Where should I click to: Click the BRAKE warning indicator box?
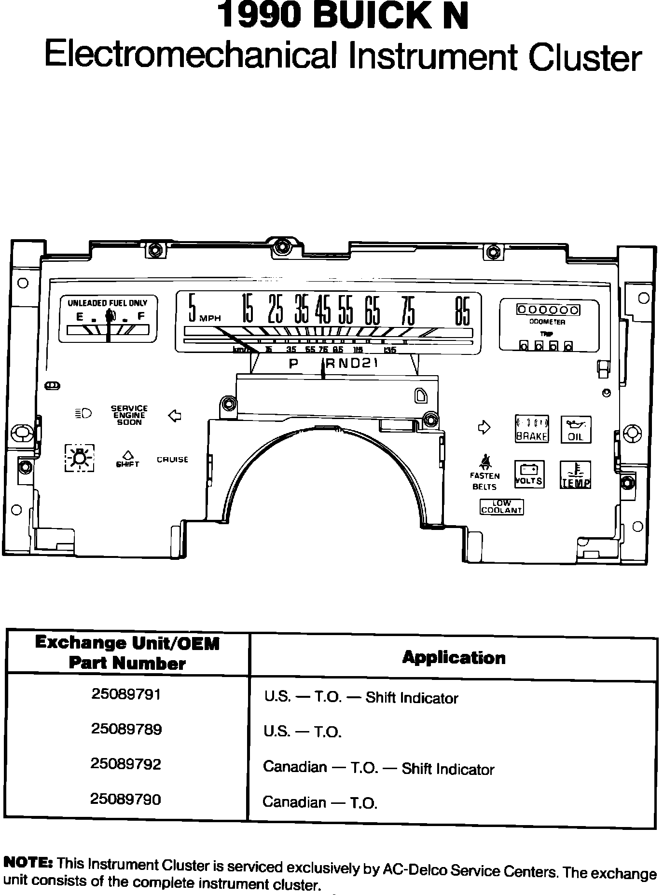pyautogui.click(x=532, y=429)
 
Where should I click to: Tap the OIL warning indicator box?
pyautogui.click(x=576, y=430)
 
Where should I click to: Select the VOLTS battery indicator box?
pyautogui.click(x=529, y=475)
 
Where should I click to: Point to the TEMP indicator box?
pyautogui.click(x=575, y=475)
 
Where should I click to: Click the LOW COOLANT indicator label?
pyautogui.click(x=501, y=507)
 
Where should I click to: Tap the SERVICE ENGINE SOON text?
pyautogui.click(x=129, y=415)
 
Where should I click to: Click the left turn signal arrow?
pyautogui.click(x=174, y=416)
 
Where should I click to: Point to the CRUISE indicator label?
pyautogui.click(x=172, y=460)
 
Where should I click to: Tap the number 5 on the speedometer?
pyautogui.click(x=193, y=308)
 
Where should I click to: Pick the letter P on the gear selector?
pyautogui.click(x=293, y=364)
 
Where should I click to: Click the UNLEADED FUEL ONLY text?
pyautogui.click(x=107, y=303)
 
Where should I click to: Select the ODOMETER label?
pyautogui.click(x=547, y=322)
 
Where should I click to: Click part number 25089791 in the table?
pyautogui.click(x=126, y=694)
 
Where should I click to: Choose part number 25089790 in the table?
pyautogui.click(x=125, y=800)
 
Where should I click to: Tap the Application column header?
pyautogui.click(x=454, y=658)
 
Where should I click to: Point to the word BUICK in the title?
pyautogui.click(x=366, y=16)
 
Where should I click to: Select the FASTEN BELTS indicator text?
pyautogui.click(x=484, y=481)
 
